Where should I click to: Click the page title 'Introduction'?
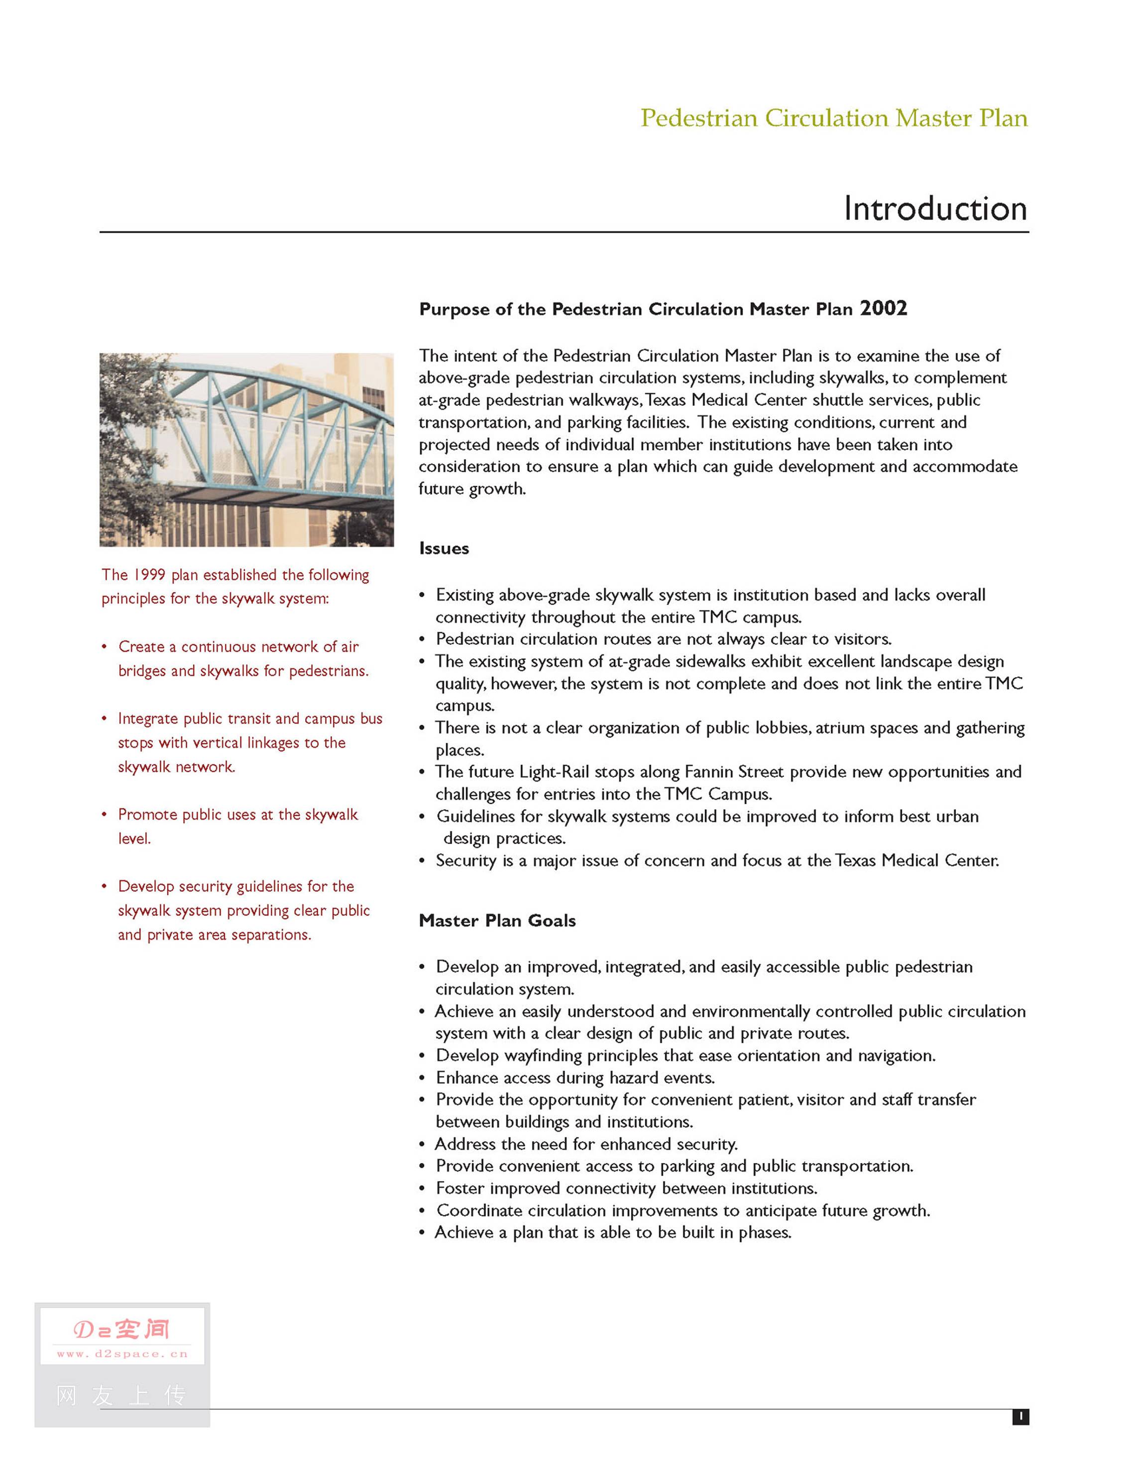coord(934,208)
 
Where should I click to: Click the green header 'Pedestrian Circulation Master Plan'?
coord(833,119)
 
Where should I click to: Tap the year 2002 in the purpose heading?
coord(883,308)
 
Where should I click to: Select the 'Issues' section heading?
coord(444,549)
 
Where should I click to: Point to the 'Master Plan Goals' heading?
coord(497,921)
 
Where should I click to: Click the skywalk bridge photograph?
coord(246,450)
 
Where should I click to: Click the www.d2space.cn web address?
coord(122,1354)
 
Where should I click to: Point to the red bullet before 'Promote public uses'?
coord(105,815)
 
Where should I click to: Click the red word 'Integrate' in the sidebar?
coord(147,719)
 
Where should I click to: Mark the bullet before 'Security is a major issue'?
coord(422,861)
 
